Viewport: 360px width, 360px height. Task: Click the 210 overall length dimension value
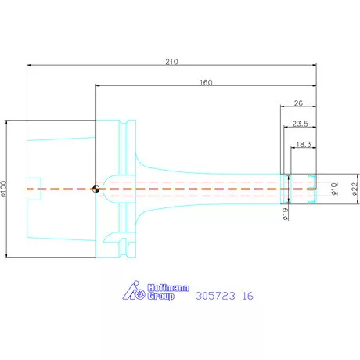(x=171, y=62)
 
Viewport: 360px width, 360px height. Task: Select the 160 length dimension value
(x=206, y=82)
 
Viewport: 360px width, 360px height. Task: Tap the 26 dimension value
(x=298, y=103)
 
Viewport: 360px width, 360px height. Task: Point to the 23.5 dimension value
(x=300, y=124)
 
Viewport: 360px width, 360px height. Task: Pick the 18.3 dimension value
(x=304, y=144)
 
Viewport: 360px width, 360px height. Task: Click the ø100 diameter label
(x=4, y=189)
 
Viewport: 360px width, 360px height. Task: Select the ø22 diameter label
(x=355, y=189)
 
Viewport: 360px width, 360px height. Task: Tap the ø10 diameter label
(x=334, y=189)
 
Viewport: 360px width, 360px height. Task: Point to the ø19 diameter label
(x=286, y=214)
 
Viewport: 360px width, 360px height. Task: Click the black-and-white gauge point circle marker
(x=95, y=189)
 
